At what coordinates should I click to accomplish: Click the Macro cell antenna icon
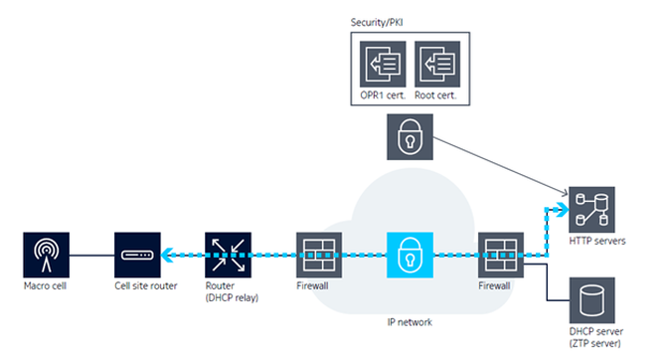coord(47,255)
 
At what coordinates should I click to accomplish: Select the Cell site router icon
coord(137,255)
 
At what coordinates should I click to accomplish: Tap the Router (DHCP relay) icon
coord(228,255)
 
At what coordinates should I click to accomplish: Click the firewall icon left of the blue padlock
coord(319,255)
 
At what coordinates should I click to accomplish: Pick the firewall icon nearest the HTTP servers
coord(501,255)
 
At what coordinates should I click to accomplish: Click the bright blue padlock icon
coord(410,255)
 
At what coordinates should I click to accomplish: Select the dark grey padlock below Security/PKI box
coord(410,137)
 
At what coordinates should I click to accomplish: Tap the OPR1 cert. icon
coord(383,65)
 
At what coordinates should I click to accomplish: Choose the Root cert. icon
coord(437,65)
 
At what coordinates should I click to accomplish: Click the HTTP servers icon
coord(591,210)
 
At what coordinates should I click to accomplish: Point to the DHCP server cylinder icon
coord(592,300)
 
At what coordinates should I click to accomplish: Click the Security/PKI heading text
coord(377,23)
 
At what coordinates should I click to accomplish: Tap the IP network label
coord(410,322)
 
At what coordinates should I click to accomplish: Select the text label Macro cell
coord(45,285)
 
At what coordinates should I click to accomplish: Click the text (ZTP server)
coord(594,343)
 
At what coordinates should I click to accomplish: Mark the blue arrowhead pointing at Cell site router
coord(167,255)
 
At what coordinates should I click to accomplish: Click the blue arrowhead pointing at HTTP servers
coord(564,209)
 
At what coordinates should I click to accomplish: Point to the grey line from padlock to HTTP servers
coord(500,166)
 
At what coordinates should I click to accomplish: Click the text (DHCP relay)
coord(232,297)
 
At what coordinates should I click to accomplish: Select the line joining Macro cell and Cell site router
coord(91,256)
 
